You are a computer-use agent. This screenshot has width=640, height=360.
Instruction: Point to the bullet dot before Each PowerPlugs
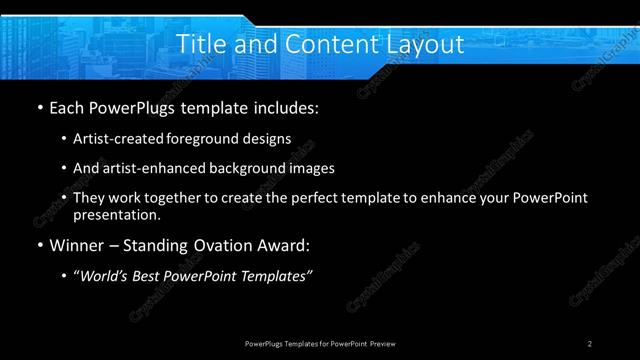pos(39,106)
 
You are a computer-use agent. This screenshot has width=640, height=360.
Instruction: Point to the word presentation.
pos(116,214)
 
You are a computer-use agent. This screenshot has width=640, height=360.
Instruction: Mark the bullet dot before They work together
pos(65,199)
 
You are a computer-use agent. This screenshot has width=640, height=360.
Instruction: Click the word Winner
pos(78,245)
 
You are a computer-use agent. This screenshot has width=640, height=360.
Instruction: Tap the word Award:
pos(286,245)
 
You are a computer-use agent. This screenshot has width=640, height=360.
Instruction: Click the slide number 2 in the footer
pos(591,343)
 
